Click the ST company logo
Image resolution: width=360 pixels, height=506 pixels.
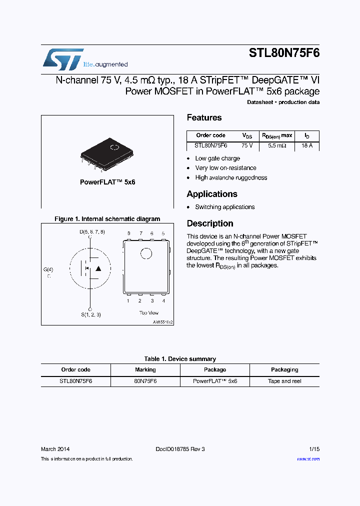click(63, 59)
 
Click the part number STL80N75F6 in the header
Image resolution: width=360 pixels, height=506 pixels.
click(284, 54)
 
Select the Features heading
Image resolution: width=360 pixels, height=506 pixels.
click(204, 118)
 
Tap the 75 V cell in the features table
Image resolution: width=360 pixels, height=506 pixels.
click(247, 145)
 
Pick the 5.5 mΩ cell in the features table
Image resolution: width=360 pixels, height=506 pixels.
click(277, 145)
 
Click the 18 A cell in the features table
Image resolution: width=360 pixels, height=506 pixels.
click(306, 145)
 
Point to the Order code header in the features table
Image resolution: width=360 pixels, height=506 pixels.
click(210, 135)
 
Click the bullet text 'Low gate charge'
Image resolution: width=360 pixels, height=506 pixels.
click(217, 158)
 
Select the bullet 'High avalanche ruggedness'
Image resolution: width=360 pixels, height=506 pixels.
click(231, 177)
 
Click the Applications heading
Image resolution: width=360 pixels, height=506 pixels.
click(212, 194)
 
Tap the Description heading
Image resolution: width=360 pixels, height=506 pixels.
click(210, 223)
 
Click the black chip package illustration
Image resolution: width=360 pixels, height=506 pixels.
click(107, 152)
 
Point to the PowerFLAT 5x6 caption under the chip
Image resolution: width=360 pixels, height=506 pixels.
click(107, 182)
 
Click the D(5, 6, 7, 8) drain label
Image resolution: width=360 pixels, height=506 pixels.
click(92, 232)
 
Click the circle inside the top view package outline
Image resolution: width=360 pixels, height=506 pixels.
click(146, 253)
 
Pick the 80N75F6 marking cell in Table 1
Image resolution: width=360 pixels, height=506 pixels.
click(145, 381)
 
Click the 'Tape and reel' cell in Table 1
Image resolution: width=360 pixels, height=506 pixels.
click(284, 381)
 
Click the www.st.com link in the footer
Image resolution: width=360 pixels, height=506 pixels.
click(308, 459)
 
